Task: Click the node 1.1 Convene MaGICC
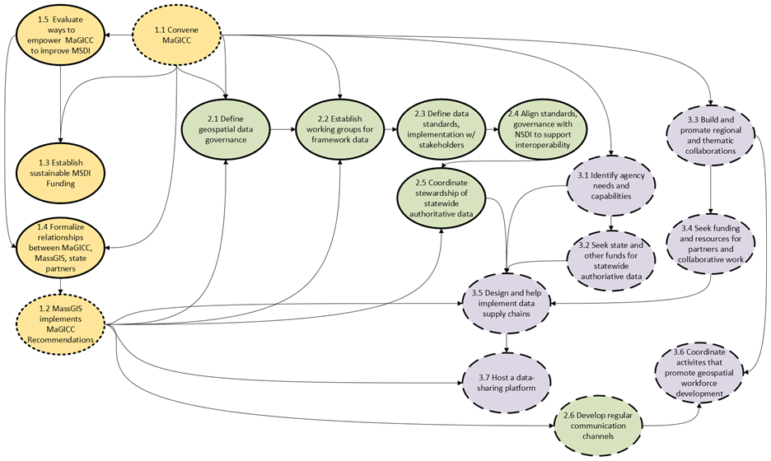coord(179,35)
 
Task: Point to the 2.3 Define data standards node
coord(442,129)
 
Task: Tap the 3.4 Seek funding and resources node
coord(711,243)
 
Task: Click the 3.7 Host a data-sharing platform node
coord(506,380)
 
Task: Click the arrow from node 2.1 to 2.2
coord(283,129)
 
